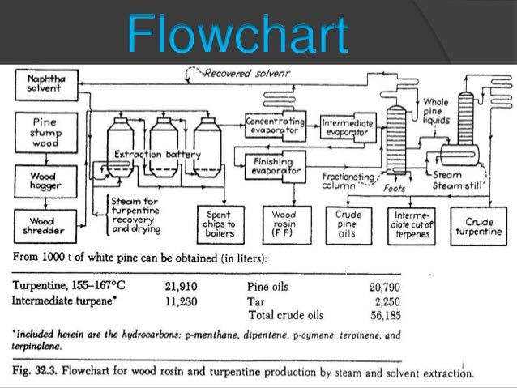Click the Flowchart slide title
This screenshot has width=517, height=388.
[238, 36]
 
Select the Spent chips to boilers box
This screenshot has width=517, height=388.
[220, 221]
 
